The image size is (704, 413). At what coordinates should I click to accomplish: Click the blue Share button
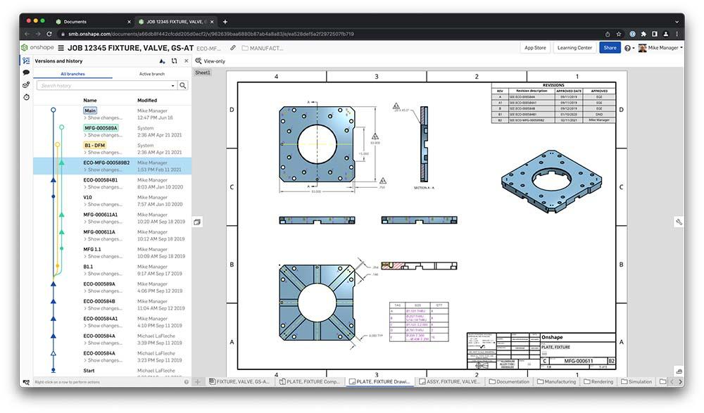click(x=610, y=48)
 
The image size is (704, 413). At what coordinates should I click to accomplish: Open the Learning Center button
click(x=574, y=48)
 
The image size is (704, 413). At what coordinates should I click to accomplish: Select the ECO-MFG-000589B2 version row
click(x=106, y=163)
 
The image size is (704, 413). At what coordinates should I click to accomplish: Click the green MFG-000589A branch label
click(x=101, y=128)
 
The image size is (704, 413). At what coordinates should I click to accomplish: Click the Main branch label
click(x=90, y=110)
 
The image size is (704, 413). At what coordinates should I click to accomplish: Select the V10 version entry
click(x=89, y=197)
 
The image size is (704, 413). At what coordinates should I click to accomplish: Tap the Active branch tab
click(x=151, y=74)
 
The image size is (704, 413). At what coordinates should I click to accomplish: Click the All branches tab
click(x=73, y=74)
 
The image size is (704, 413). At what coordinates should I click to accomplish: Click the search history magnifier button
click(x=183, y=86)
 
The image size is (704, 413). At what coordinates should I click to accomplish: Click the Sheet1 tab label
click(x=203, y=72)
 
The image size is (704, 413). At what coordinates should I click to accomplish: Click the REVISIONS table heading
click(x=553, y=85)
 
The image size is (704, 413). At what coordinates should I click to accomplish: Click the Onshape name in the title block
click(x=553, y=338)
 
